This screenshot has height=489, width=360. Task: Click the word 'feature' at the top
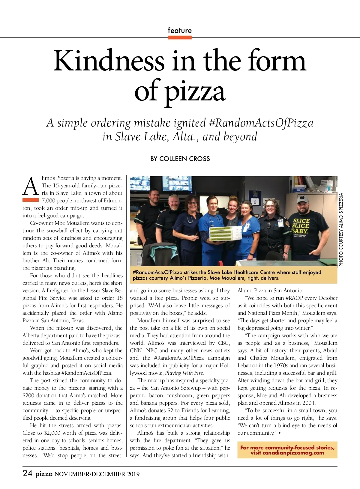tap(180, 30)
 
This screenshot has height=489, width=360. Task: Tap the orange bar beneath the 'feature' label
tap(180, 37)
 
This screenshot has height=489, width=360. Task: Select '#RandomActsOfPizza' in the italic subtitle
tap(261, 123)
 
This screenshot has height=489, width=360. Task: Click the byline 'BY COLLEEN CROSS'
tap(180, 159)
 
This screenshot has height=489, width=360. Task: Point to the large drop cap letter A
tap(31, 186)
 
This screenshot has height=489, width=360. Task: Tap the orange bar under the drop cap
tap(31, 200)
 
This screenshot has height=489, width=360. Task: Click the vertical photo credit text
tap(341, 229)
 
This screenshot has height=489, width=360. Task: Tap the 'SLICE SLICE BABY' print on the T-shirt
tap(301, 226)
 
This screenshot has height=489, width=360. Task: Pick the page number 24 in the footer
tap(27, 473)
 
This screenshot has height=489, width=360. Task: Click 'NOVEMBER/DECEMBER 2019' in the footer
tap(97, 474)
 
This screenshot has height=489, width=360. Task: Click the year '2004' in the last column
tap(309, 403)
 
